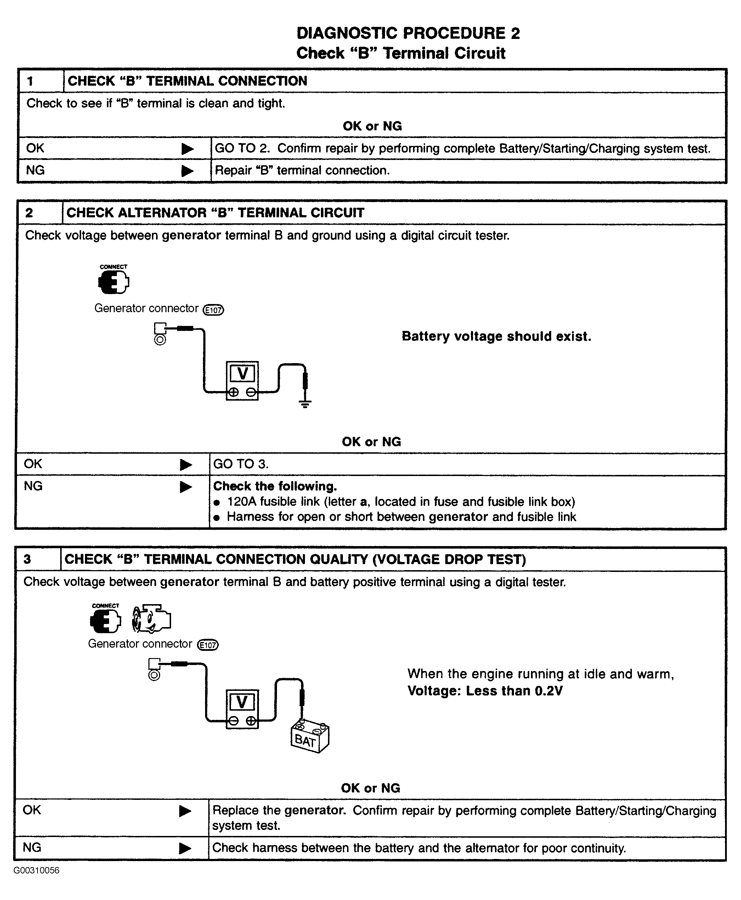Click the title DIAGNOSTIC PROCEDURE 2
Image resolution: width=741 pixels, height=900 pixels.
[x=408, y=33]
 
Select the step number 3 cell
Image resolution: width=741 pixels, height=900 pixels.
[x=38, y=559]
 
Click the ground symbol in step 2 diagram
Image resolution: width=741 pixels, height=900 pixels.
[x=305, y=403]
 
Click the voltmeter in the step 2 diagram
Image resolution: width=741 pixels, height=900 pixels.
[x=242, y=380]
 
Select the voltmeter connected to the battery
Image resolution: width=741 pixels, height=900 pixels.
[x=242, y=709]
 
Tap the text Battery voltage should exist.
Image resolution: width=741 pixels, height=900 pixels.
[x=496, y=337]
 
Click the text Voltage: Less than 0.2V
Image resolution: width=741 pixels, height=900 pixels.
[x=485, y=690]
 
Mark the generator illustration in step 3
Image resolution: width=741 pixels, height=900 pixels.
[x=152, y=619]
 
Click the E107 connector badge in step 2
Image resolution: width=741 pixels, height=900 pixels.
[x=214, y=310]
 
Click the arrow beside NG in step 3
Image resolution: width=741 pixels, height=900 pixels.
[x=185, y=848]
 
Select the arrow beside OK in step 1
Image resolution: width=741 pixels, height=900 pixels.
[x=187, y=149]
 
